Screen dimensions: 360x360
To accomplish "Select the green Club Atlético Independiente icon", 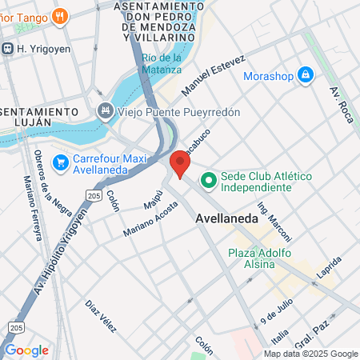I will click(x=208, y=181).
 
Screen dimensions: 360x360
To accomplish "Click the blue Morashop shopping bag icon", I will click(x=304, y=75).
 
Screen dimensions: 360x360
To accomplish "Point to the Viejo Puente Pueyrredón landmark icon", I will click(x=105, y=111).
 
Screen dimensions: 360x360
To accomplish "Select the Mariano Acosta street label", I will click(x=150, y=219).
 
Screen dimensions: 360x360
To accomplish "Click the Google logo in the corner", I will click(x=26, y=350).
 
